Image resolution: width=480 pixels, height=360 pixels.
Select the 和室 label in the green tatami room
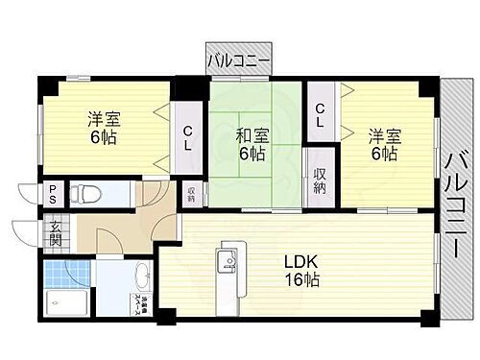(253, 136)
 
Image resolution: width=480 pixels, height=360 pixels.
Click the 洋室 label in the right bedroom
(383, 134)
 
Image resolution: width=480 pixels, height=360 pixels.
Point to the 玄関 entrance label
(56, 232)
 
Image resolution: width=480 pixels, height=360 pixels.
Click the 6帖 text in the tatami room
(253, 154)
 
